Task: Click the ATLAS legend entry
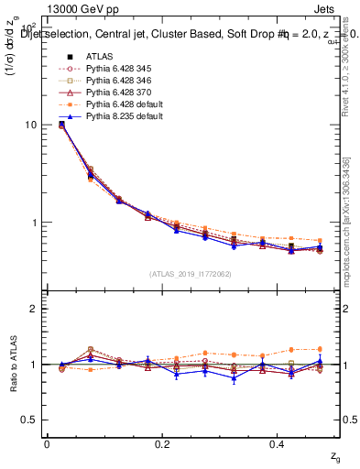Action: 99,56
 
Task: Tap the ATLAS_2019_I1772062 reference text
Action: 190,273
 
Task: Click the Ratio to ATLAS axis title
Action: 16,364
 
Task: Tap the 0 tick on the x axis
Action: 47,443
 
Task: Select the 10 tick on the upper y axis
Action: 30,125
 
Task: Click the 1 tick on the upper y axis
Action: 34,223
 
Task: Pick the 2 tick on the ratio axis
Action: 34,309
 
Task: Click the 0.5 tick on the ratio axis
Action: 29,420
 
